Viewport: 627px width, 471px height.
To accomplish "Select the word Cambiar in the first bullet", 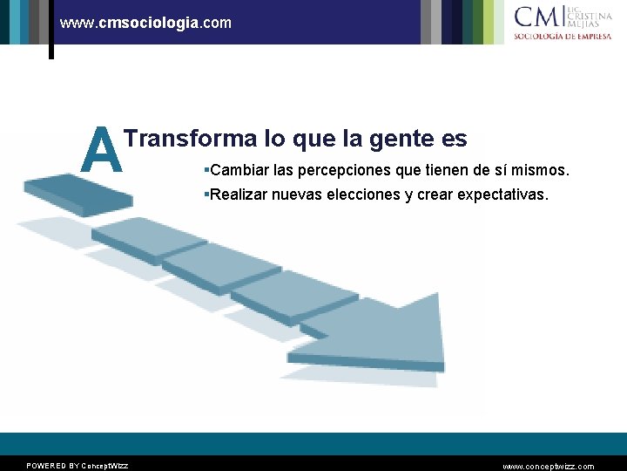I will coord(239,168).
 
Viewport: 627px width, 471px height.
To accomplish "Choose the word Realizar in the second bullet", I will coord(240,195).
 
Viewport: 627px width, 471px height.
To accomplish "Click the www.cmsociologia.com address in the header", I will coord(145,23).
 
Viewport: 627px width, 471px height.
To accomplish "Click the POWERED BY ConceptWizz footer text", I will coord(77,466).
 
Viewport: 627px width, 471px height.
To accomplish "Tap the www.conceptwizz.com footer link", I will coord(548,466).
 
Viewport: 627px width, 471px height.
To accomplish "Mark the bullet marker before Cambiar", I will coord(205,168).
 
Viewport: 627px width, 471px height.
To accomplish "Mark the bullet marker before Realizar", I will coord(205,195).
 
